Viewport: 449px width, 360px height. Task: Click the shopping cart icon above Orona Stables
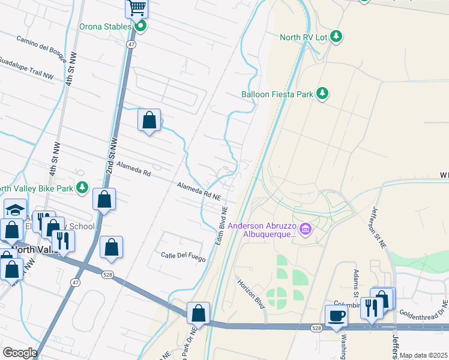pyautogui.click(x=137, y=8)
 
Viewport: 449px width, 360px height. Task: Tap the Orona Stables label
pyautogui.click(x=105, y=26)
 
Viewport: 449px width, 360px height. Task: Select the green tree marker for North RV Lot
pyautogui.click(x=336, y=37)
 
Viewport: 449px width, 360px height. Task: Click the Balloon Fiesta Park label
pyautogui.click(x=279, y=94)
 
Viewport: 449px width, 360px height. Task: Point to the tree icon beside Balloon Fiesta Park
pyautogui.click(x=324, y=94)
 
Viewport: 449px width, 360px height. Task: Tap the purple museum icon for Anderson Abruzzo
pyautogui.click(x=306, y=229)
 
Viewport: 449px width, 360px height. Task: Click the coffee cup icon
pyautogui.click(x=336, y=316)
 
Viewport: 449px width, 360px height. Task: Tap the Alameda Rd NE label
pyautogui.click(x=199, y=191)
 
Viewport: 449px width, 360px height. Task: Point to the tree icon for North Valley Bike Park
pyautogui.click(x=83, y=188)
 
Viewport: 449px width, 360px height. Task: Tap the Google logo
pyautogui.click(x=20, y=353)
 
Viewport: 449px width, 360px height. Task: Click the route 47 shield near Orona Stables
pyautogui.click(x=131, y=44)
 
